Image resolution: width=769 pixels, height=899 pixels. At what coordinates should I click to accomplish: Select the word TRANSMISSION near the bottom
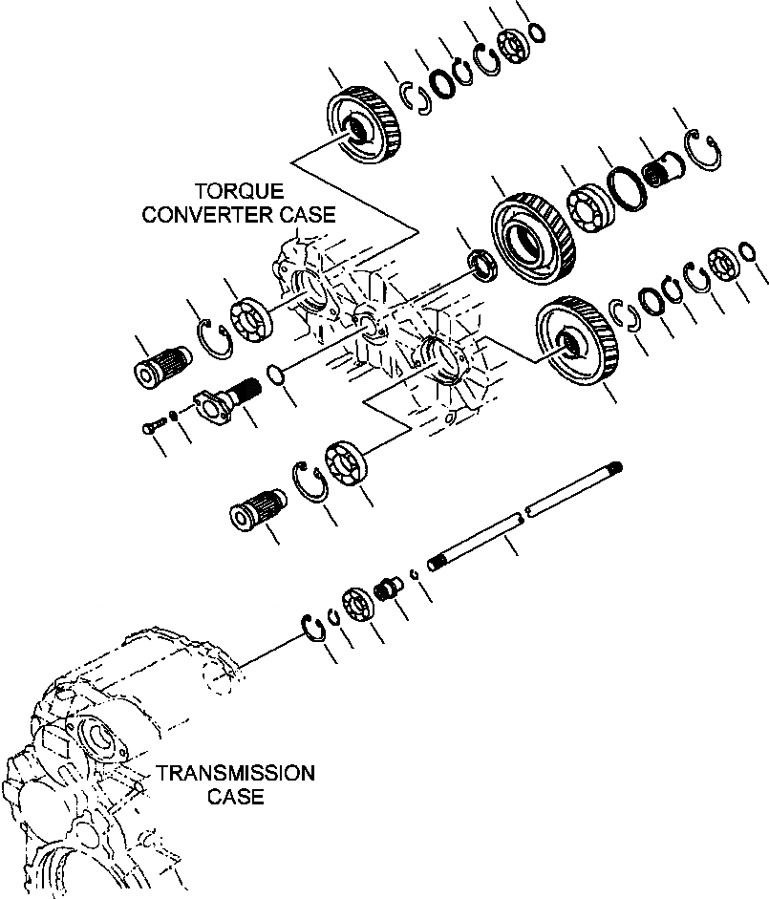(235, 773)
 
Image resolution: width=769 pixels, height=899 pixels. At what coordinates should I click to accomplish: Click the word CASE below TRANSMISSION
(239, 797)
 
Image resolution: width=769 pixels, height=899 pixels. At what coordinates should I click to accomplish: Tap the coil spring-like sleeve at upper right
(659, 171)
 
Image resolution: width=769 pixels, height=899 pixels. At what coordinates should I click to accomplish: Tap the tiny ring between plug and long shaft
(415, 573)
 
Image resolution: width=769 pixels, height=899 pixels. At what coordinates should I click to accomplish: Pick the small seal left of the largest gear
(481, 264)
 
